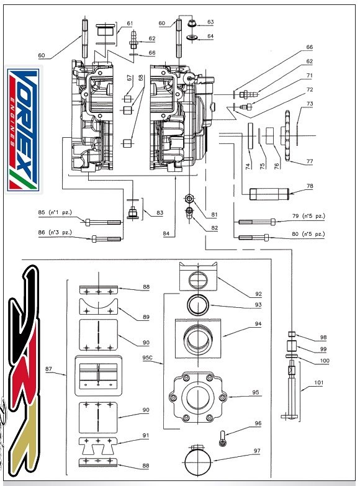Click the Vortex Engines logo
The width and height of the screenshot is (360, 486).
coord(24,130)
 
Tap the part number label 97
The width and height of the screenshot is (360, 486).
coord(257,451)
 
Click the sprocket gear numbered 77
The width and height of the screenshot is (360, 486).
coord(287,136)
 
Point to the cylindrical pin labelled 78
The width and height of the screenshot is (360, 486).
coord(269,194)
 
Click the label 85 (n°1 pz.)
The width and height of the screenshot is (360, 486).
coord(55,213)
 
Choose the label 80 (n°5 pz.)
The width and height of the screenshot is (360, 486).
coord(308,234)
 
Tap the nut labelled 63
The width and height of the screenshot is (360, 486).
coord(192,22)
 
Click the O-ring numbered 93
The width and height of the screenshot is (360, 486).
coord(198,305)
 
